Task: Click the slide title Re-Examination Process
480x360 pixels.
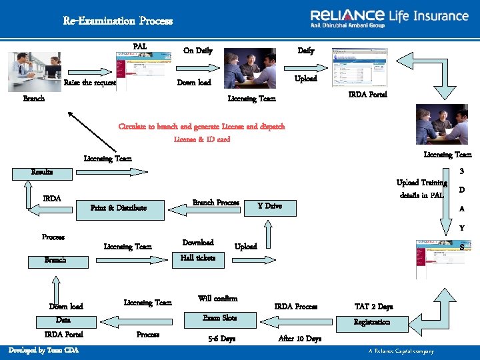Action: [117, 21]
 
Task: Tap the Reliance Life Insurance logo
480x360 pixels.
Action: [389, 18]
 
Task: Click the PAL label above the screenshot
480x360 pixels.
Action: [140, 47]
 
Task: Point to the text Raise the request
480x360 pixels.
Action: [90, 83]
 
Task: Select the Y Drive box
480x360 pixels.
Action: [269, 206]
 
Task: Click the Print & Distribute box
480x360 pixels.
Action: [119, 208]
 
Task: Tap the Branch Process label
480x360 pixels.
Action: [215, 203]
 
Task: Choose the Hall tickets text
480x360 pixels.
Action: [198, 257]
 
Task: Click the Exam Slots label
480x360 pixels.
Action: [219, 318]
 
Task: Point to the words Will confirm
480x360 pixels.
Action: [217, 299]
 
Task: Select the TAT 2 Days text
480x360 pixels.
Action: [373, 307]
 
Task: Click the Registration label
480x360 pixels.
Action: [371, 322]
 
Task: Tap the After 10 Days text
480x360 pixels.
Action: [299, 339]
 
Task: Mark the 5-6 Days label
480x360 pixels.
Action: [221, 339]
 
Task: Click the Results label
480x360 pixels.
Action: [42, 172]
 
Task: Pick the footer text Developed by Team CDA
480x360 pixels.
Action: [43, 351]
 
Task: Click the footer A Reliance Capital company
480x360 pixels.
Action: [401, 351]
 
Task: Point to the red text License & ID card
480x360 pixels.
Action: [201, 139]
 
